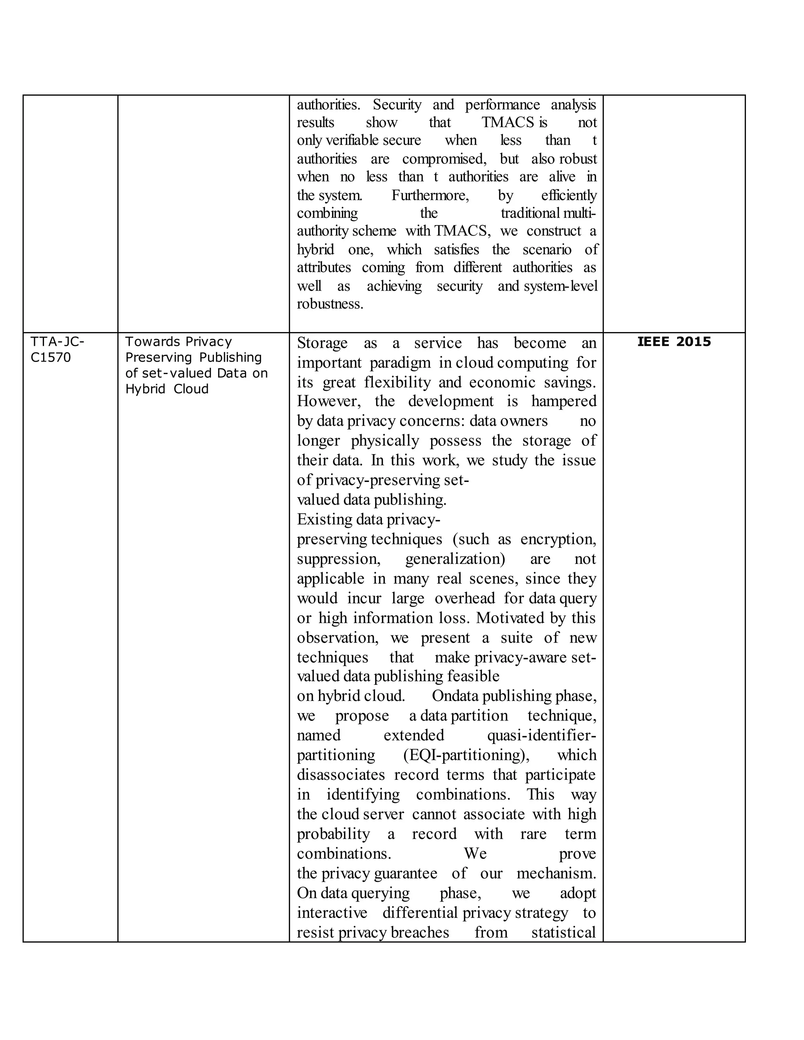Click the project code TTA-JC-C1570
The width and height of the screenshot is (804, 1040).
pos(57,350)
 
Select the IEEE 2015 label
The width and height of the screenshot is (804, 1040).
pos(674,341)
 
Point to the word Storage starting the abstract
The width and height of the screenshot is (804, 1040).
pos(322,343)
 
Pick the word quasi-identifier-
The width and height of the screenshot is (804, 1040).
pos(541,735)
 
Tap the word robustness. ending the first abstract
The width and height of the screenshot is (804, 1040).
pos(330,304)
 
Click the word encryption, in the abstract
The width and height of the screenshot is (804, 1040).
pos(558,539)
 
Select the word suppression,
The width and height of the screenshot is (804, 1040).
pos(339,558)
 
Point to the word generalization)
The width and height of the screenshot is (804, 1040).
pos(455,558)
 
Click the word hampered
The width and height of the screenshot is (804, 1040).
pos(563,401)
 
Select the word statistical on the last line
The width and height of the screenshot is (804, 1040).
pos(563,932)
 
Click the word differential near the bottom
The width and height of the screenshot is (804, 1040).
pos(420,912)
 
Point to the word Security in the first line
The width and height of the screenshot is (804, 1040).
pos(397,104)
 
